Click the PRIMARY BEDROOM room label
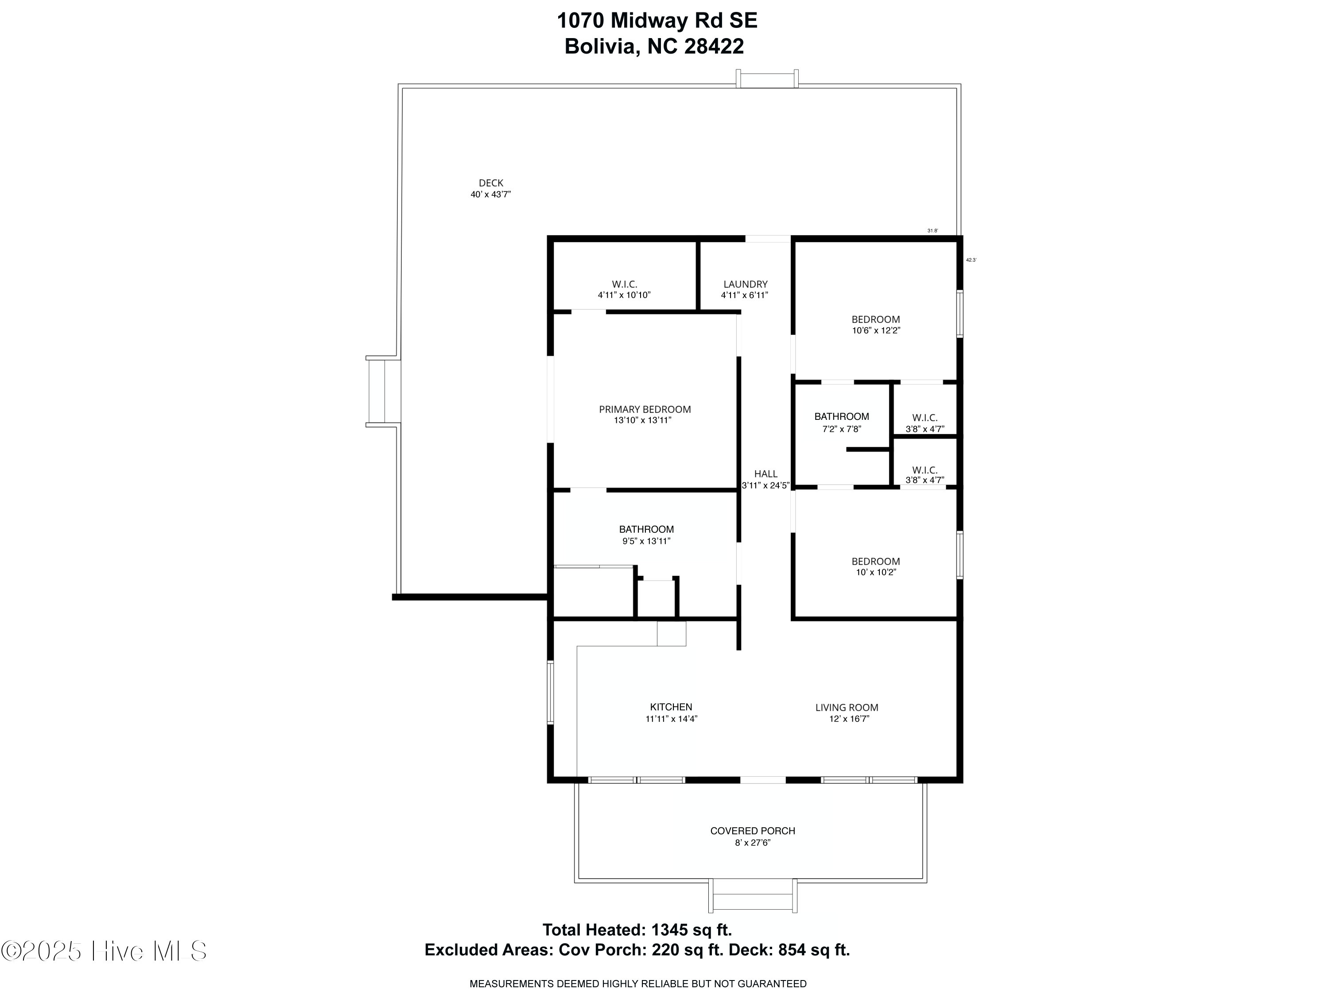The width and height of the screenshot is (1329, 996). [x=645, y=410]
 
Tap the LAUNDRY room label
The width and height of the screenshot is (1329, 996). [x=745, y=284]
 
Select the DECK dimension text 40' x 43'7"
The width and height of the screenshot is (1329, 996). [x=490, y=194]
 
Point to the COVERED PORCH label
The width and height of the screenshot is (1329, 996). [x=752, y=831]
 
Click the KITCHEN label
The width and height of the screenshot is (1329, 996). [x=671, y=707]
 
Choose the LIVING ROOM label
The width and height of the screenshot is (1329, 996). [x=847, y=708]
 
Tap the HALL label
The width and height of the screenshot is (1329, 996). [x=766, y=474]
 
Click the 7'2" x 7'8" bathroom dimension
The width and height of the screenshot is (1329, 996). [x=842, y=429]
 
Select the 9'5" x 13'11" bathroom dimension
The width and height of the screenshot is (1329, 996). [x=646, y=541]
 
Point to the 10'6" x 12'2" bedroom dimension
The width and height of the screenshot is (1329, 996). [x=876, y=330]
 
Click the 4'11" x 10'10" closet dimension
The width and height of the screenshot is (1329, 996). [x=624, y=295]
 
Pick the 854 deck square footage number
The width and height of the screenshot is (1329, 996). [x=792, y=950]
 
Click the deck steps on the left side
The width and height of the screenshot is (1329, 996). [x=383, y=391]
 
